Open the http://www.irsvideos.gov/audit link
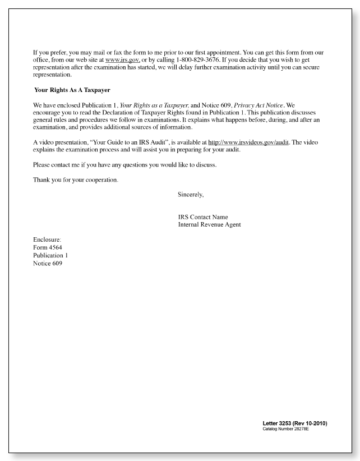point(248,143)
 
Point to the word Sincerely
point(191,195)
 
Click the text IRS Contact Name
point(203,217)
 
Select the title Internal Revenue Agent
point(209,225)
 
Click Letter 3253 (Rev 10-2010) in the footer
point(294,422)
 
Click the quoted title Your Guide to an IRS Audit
point(133,143)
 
